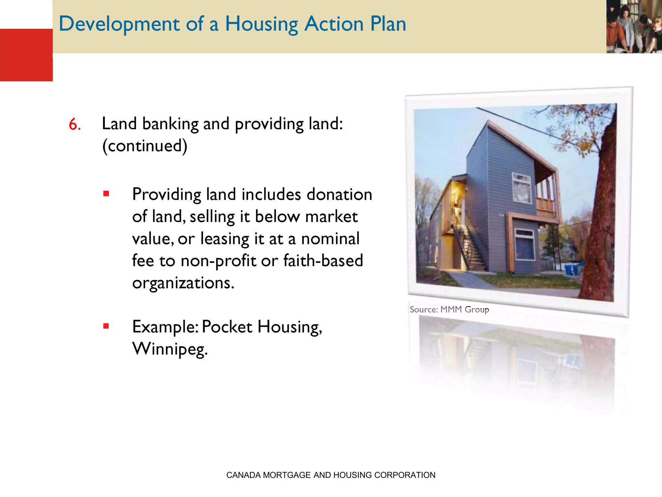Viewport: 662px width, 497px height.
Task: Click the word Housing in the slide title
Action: tap(261, 24)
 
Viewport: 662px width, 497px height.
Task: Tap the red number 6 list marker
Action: tap(74, 125)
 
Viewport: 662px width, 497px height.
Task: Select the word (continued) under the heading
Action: tap(144, 146)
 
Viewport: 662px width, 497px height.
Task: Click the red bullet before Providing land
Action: tap(106, 194)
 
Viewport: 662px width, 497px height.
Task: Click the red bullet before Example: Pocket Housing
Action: tap(106, 326)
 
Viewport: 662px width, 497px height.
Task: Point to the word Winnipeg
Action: tap(170, 349)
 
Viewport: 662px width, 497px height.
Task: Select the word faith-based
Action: tap(323, 260)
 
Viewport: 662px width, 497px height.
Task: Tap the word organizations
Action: tap(183, 283)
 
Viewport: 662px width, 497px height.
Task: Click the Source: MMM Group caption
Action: tap(449, 310)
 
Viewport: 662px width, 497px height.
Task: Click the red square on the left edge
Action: tap(26, 55)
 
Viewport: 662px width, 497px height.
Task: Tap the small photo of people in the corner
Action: tap(634, 27)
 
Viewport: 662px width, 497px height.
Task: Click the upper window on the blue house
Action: tap(521, 188)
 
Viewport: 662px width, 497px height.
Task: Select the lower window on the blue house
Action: tap(524, 244)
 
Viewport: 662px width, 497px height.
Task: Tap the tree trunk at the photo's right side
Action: tap(601, 226)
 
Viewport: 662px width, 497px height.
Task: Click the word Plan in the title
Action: tap(388, 24)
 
